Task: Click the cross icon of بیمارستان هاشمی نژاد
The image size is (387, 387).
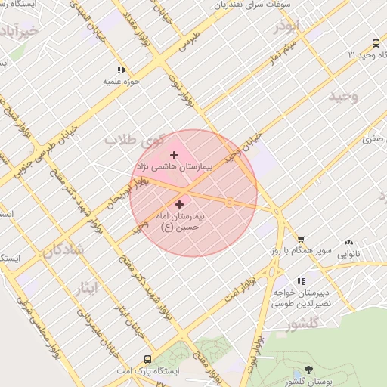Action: pyautogui.click(x=175, y=155)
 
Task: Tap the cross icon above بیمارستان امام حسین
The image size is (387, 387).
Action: pyautogui.click(x=179, y=204)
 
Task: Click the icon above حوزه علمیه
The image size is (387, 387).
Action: pyautogui.click(x=121, y=70)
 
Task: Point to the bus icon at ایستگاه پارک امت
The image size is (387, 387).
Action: pyautogui.click(x=147, y=361)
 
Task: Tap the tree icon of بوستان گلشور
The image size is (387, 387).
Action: pyautogui.click(x=308, y=370)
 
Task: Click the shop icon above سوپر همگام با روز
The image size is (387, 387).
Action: pyautogui.click(x=300, y=238)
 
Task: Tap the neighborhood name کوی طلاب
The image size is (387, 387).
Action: pyautogui.click(x=135, y=140)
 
